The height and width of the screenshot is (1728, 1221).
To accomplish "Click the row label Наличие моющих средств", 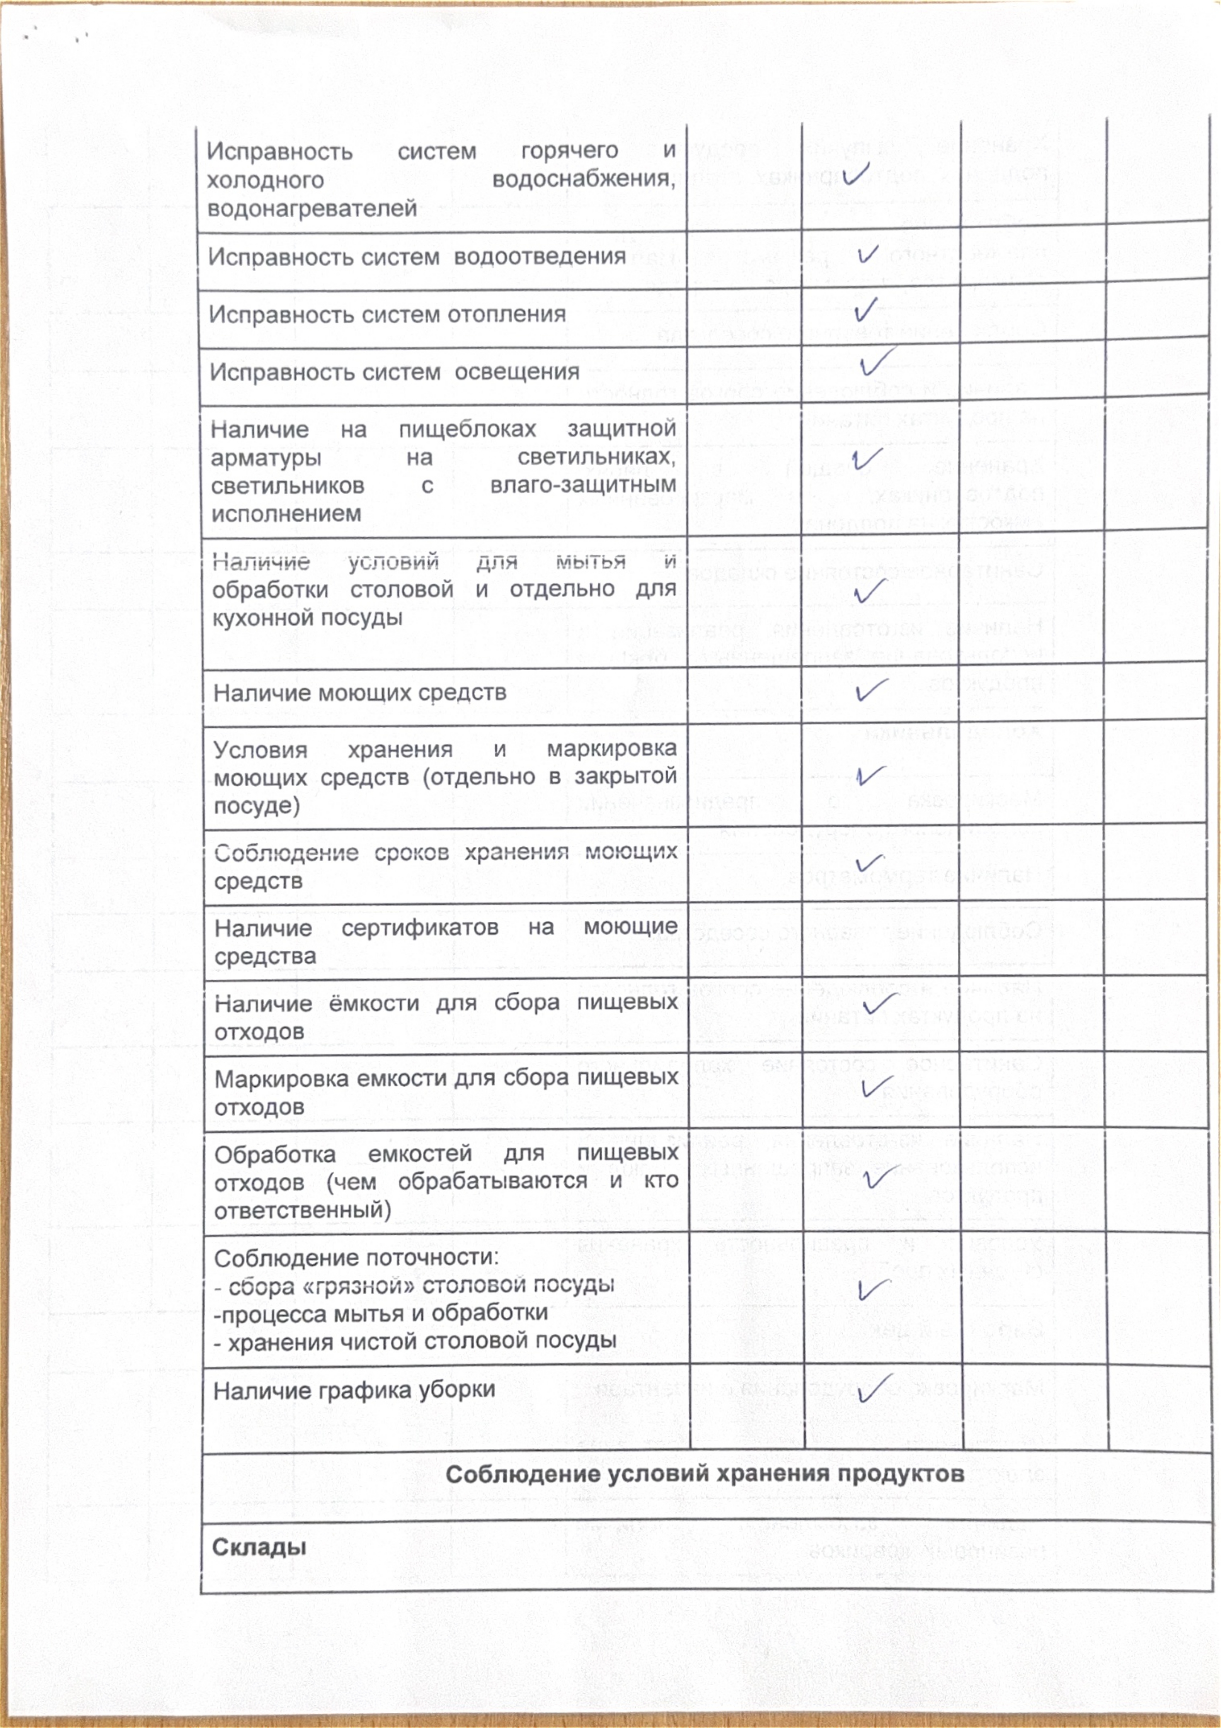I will (x=360, y=692).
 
